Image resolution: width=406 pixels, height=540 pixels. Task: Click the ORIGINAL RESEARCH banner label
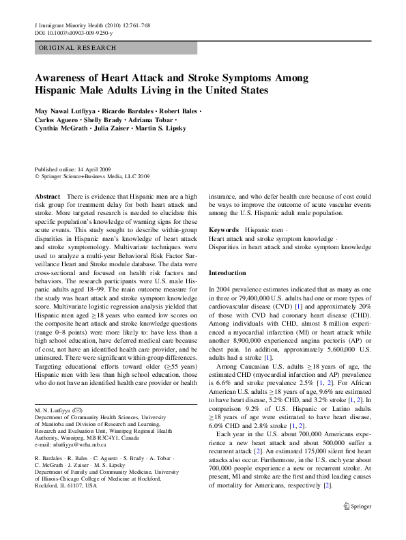(x=77, y=48)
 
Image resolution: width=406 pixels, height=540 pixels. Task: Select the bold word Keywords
(x=224, y=231)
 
